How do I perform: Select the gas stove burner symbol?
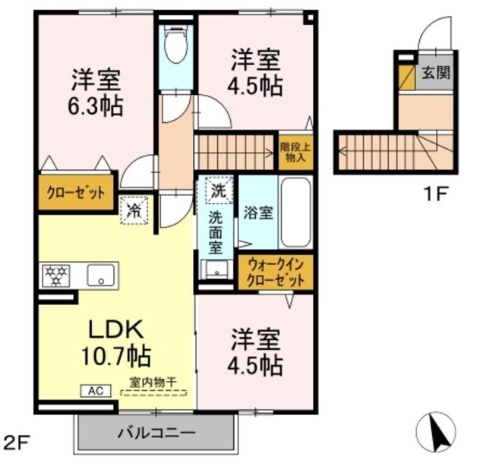click(x=55, y=275)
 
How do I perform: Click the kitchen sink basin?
click(x=99, y=275)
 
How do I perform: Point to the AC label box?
click(x=96, y=391)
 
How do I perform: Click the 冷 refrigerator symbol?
click(x=134, y=209)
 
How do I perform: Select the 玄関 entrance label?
click(x=435, y=74)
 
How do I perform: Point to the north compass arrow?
click(x=439, y=436)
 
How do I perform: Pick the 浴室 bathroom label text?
click(x=258, y=213)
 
